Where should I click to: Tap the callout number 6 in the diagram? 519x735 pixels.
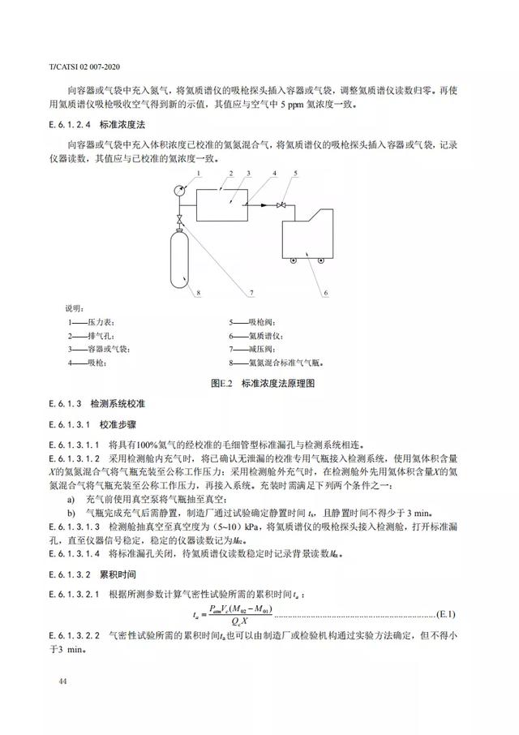point(324,291)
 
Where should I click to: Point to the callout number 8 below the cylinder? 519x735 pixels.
point(186,291)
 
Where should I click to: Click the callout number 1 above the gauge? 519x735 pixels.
point(196,174)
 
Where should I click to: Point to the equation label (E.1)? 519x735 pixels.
point(447,611)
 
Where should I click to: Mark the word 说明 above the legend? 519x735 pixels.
point(73,308)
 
